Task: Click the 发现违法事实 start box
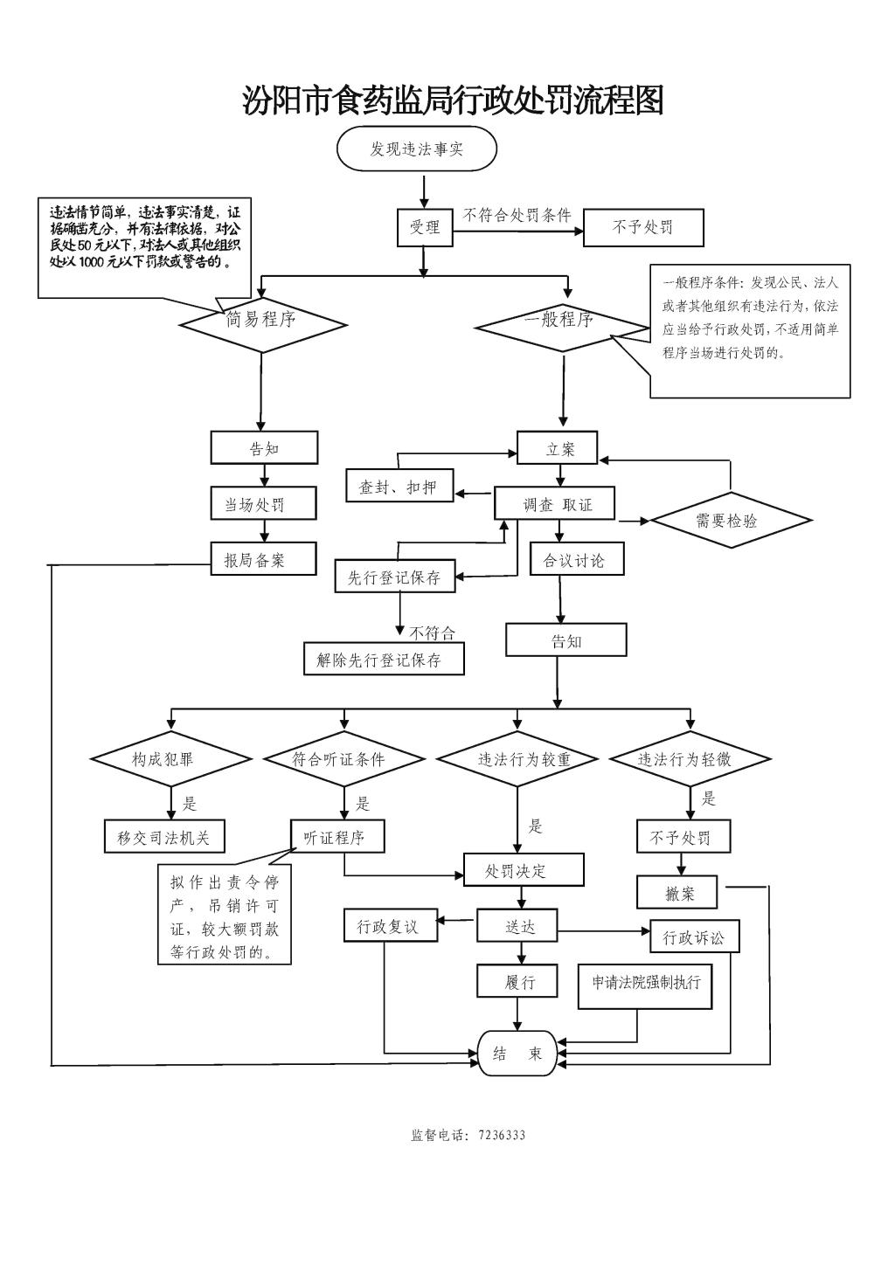(416, 149)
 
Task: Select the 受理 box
(425, 227)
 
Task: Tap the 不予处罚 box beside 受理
(642, 227)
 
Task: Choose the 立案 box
(558, 448)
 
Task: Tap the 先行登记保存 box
(395, 577)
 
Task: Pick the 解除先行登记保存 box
(384, 660)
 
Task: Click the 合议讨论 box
(577, 559)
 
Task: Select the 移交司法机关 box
(163, 837)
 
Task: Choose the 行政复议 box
(388, 926)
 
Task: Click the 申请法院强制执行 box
(646, 983)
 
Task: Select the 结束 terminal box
(517, 1054)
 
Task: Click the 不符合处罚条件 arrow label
(517, 214)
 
